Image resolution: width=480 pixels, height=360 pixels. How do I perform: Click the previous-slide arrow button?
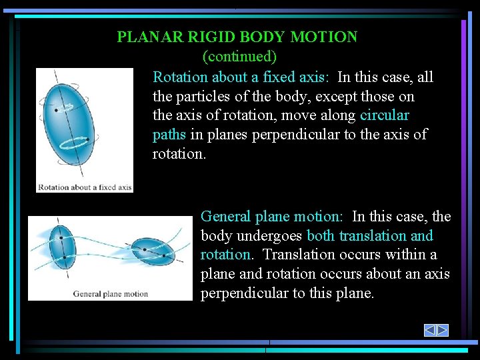[430, 330]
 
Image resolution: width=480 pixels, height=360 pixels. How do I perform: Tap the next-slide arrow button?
[443, 330]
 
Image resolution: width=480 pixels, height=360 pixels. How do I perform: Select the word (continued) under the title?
[239, 56]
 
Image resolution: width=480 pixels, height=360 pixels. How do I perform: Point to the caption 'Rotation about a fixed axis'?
[85, 187]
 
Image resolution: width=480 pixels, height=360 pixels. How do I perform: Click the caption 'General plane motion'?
[111, 294]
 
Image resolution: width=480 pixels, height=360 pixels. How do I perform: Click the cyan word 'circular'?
[384, 115]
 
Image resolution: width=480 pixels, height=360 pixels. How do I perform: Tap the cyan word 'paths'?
[169, 135]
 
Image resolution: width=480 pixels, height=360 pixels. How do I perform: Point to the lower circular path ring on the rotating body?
[74, 142]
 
